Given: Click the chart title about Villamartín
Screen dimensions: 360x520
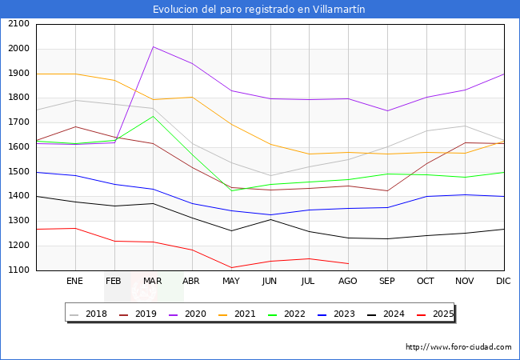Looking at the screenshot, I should click(x=259, y=10).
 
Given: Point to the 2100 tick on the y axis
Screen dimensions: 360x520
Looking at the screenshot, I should click(x=18, y=24).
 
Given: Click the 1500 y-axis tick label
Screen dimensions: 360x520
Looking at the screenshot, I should click(x=18, y=172).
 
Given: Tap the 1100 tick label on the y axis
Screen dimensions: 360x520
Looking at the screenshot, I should click(x=18, y=270).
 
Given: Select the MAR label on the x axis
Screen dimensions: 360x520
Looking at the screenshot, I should click(x=153, y=282).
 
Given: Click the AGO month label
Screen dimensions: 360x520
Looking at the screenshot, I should click(x=348, y=282).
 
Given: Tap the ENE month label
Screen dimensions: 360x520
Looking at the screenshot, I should click(x=75, y=282).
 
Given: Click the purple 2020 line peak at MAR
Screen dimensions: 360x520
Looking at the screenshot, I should click(x=153, y=46).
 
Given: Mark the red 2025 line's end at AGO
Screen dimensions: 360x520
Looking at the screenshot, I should click(x=348, y=264).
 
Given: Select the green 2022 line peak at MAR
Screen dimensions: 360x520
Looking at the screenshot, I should click(x=153, y=116).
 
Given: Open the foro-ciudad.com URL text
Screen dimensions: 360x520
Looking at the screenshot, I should click(x=458, y=347).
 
